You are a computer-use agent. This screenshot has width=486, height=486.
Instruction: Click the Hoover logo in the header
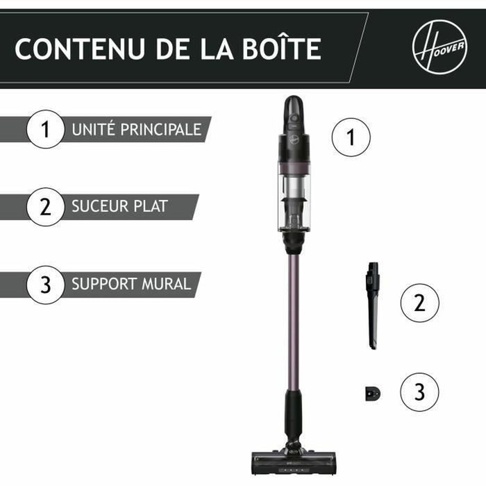click(439, 49)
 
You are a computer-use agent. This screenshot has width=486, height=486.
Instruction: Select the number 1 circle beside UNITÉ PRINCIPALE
click(46, 130)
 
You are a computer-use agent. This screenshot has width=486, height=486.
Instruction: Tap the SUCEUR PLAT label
click(119, 207)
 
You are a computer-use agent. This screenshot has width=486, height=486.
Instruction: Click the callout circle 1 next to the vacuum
click(351, 137)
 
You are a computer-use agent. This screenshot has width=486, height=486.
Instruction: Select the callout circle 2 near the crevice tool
click(419, 303)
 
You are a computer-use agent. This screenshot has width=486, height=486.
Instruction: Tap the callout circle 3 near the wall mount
click(419, 392)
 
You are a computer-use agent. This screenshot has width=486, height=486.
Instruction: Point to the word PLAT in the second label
click(152, 207)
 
